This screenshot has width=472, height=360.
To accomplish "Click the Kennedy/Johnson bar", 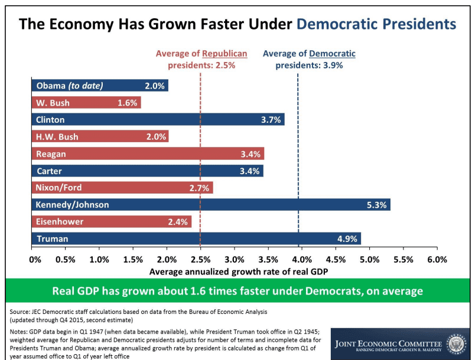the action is point(211,205).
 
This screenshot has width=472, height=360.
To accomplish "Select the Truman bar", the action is point(196,238).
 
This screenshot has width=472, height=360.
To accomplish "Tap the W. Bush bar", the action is point(86,103).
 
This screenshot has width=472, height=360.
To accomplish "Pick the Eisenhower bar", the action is point(112,222).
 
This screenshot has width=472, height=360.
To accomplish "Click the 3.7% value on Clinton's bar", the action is point(271,120).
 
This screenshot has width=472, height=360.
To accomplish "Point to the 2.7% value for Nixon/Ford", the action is point(199,188).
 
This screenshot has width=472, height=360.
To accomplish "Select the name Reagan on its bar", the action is point(51,154).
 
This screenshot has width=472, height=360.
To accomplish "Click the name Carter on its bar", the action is point(49,171).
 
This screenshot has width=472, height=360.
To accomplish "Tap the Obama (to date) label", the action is point(70,86).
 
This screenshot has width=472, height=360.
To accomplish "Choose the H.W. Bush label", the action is point(57,137).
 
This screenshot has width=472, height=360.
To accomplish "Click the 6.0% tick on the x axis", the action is point(437,259).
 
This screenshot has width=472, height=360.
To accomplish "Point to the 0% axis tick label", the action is point(35,259).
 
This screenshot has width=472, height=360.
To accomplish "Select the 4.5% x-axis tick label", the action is point(336,259).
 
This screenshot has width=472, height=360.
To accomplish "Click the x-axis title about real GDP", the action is point(239,272).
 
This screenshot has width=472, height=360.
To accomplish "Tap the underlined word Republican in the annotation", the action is point(224,54).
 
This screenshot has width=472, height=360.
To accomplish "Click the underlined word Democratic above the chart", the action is point(332,54).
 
